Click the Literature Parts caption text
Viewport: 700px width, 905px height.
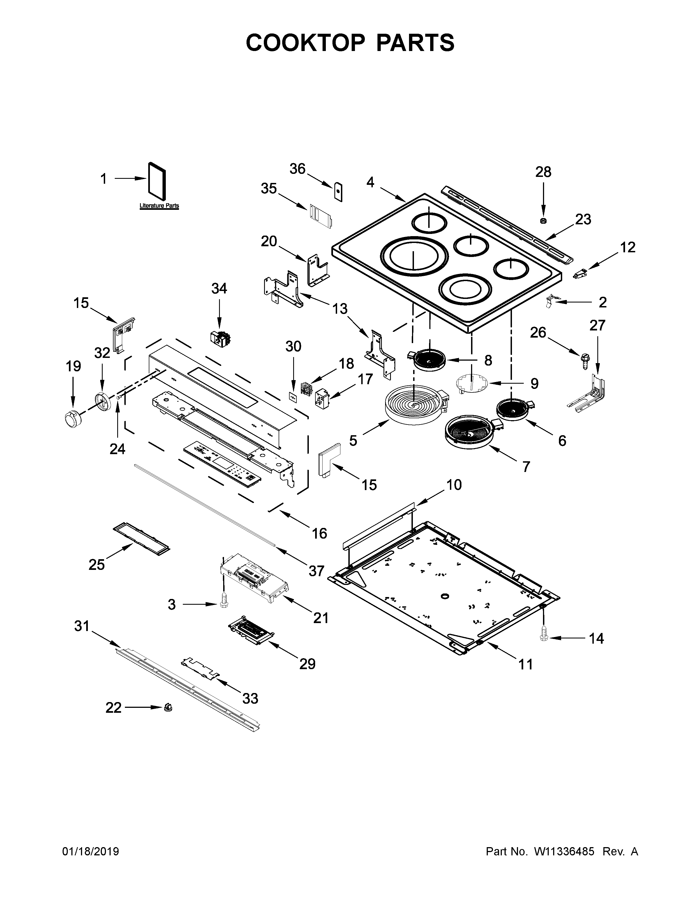click(159, 205)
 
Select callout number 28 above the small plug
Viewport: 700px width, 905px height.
click(543, 172)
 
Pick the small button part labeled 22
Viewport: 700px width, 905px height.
click(168, 707)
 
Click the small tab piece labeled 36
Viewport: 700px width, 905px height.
click(338, 191)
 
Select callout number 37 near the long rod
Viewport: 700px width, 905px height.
click(316, 571)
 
